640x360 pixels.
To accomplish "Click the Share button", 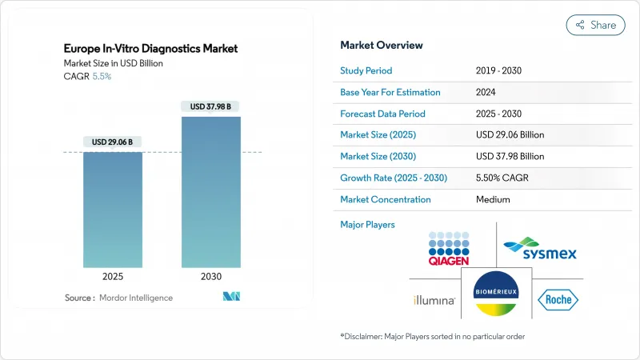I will tap(595, 25).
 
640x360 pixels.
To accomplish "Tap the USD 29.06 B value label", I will tap(113, 142).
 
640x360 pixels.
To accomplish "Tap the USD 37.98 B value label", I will tap(210, 106).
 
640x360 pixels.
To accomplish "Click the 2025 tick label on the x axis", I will tap(113, 277).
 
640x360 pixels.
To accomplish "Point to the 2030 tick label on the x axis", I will tap(210, 277).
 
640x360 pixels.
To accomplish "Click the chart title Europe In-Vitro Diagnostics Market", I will tap(151, 49).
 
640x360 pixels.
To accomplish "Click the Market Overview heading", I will tap(382, 45).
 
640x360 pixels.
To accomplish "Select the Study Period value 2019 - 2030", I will tap(500, 70).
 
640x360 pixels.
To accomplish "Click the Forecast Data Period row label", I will tap(382, 114).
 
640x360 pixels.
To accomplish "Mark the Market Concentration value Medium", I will tap(492, 199).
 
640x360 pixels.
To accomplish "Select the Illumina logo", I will tap(434, 301).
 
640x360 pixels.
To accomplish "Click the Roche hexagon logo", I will tap(558, 300).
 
